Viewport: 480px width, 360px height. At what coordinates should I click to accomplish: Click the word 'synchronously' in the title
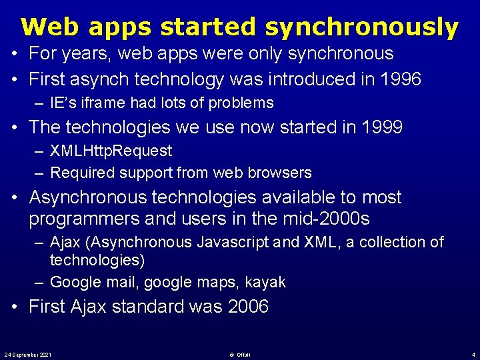361,28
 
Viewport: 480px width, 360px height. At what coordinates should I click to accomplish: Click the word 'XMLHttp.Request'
111,151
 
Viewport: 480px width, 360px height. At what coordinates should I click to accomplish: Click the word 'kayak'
265,283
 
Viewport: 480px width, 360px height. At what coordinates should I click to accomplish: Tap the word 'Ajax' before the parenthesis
66,242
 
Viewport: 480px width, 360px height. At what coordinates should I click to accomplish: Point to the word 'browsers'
282,173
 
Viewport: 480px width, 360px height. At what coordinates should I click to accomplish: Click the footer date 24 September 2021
28,353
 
